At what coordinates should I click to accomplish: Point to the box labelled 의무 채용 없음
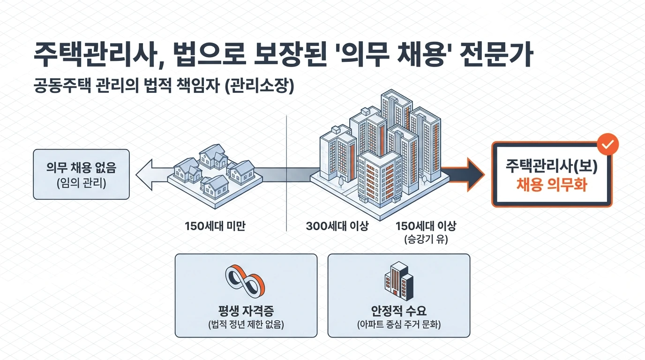(x=81, y=174)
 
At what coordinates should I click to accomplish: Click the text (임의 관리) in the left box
(x=81, y=183)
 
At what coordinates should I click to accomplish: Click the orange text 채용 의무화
(x=551, y=185)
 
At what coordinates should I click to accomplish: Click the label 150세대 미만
(x=216, y=226)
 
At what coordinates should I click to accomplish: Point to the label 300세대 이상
(x=337, y=226)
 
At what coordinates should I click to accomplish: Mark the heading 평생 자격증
(x=246, y=311)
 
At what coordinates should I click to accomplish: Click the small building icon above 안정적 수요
(x=398, y=281)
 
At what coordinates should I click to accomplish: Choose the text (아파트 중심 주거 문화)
(x=398, y=324)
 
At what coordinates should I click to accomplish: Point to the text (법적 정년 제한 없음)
(x=246, y=324)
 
